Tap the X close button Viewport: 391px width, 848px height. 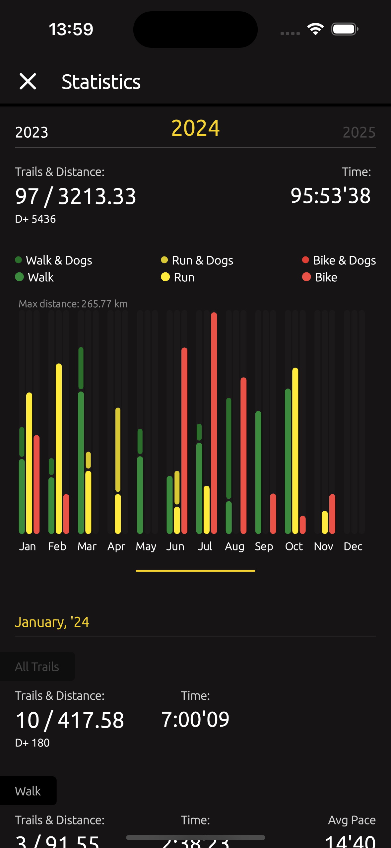click(28, 82)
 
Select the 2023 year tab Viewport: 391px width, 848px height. click(32, 132)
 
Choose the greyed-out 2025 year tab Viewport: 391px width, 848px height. click(359, 132)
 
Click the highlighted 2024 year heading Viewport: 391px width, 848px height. click(195, 128)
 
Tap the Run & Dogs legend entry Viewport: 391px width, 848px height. click(197, 260)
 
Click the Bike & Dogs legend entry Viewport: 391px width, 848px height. click(339, 260)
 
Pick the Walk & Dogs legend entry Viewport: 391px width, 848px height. click(54, 260)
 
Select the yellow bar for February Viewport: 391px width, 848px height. click(59, 448)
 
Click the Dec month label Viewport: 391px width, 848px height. click(353, 546)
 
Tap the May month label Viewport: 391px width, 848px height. click(146, 546)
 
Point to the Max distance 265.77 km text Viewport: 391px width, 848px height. click(73, 304)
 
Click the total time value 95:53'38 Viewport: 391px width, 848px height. click(331, 195)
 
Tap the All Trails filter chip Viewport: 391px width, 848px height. click(37, 667)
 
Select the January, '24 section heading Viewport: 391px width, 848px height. click(52, 622)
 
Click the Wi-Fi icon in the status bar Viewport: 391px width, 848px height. click(315, 29)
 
